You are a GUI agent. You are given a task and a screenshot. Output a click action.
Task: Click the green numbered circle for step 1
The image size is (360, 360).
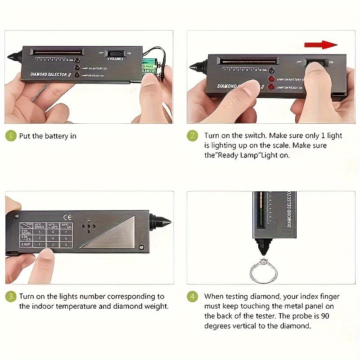point(11,136)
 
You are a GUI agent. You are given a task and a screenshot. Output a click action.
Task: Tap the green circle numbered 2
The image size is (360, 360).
point(193,136)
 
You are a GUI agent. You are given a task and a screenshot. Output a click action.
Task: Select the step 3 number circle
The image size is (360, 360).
point(11,297)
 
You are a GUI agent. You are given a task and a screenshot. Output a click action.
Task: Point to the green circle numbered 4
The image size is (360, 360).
point(193,297)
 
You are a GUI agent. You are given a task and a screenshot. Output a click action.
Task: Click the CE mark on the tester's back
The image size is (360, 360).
point(65,216)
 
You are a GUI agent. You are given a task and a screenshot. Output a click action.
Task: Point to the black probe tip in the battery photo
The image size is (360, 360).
point(13,58)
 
